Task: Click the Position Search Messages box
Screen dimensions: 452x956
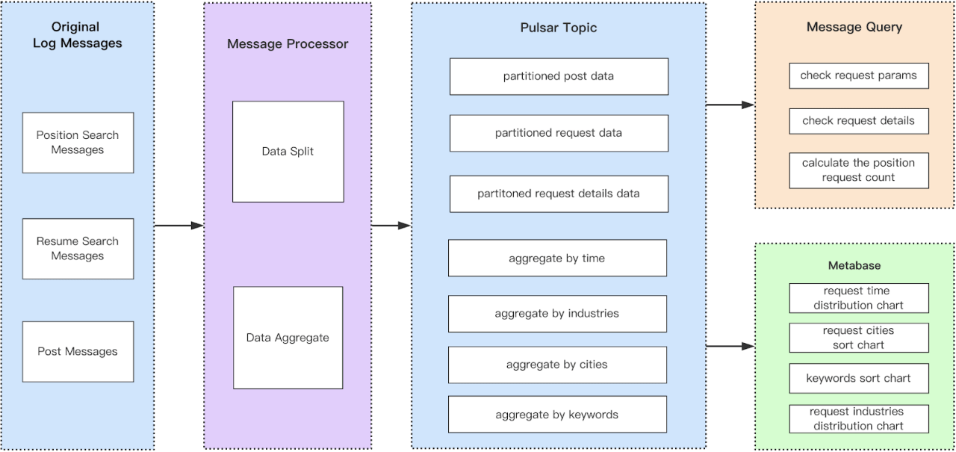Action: (78, 143)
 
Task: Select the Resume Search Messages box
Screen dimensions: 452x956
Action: (78, 249)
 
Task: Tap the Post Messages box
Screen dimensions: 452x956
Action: (78, 352)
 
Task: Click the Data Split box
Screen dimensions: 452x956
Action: (288, 152)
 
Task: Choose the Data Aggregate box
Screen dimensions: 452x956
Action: (288, 338)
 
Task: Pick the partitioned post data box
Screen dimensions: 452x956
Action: (559, 76)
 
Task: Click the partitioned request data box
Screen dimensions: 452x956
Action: (559, 133)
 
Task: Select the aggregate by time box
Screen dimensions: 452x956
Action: (557, 258)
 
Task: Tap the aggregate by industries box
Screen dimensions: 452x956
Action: (557, 314)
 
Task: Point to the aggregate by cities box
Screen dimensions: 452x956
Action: (557, 365)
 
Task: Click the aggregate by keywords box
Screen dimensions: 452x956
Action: (557, 415)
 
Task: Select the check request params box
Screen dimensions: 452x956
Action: (858, 75)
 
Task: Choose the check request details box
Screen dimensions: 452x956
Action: (858, 121)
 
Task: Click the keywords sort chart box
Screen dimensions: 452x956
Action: (858, 379)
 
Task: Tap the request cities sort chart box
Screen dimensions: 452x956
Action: (858, 338)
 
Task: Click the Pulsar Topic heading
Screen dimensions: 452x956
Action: (559, 28)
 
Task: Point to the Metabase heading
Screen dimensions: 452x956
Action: (854, 265)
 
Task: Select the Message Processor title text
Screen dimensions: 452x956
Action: (288, 44)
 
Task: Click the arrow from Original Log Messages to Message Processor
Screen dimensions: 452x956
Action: (179, 226)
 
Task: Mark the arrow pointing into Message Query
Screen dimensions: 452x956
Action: (730, 105)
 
